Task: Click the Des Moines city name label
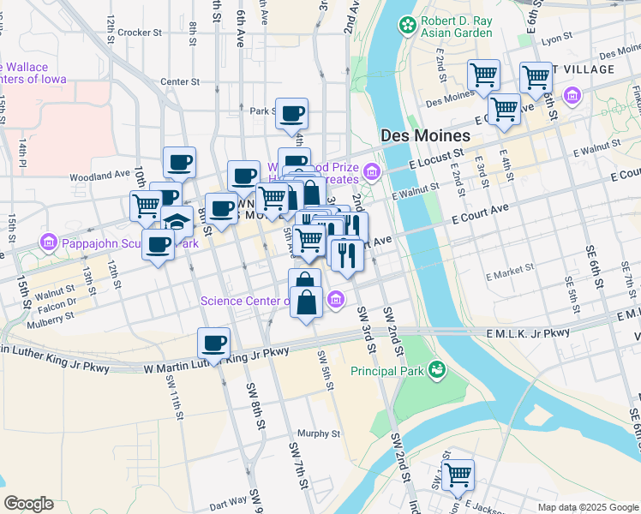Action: [x=425, y=136]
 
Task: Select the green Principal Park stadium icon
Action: [x=437, y=370]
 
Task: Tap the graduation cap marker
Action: [x=177, y=222]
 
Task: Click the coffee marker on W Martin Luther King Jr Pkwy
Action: [x=214, y=344]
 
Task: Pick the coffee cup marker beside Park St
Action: [x=291, y=114]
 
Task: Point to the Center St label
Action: [x=180, y=82]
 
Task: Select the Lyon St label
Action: [x=556, y=39]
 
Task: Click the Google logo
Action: [x=29, y=504]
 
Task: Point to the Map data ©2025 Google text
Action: [x=587, y=507]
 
